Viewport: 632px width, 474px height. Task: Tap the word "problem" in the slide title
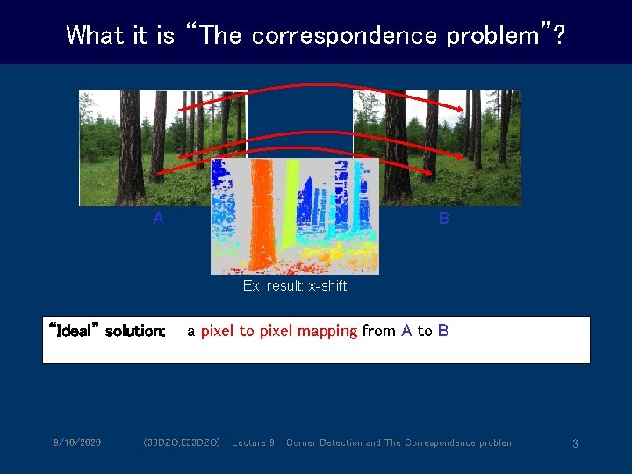coord(497,35)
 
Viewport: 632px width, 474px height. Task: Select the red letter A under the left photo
coord(158,219)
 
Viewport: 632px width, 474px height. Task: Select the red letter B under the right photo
coord(443,219)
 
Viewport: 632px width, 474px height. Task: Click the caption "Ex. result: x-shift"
coord(295,286)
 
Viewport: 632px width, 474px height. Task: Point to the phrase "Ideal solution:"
coord(107,331)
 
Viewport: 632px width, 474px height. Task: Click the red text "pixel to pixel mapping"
coord(278,331)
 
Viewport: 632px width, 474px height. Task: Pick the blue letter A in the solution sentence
coord(406,331)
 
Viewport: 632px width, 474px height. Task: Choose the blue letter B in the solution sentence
coord(443,331)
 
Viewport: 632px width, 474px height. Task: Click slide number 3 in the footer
coord(575,443)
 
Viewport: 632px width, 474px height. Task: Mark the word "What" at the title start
coord(95,35)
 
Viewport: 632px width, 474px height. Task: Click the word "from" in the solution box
coord(378,331)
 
